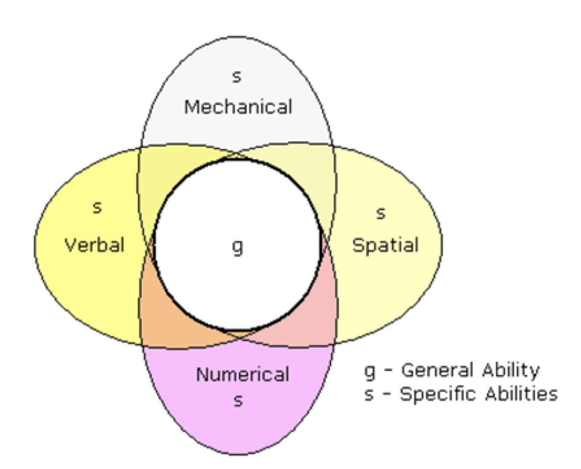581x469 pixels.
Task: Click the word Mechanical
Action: pyautogui.click(x=238, y=107)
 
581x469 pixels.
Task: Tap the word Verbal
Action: pyautogui.click(x=94, y=245)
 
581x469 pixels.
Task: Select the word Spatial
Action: pyautogui.click(x=385, y=245)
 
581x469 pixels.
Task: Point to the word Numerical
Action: pyautogui.click(x=242, y=374)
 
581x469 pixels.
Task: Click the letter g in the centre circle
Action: pyautogui.click(x=237, y=247)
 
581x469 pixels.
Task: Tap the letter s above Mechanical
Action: pyautogui.click(x=237, y=77)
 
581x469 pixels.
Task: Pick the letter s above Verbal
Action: pyautogui.click(x=97, y=207)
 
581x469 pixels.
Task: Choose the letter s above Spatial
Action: pyautogui.click(x=381, y=213)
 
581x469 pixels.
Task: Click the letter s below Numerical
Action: pyautogui.click(x=238, y=400)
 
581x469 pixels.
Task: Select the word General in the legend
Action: pyautogui.click(x=437, y=370)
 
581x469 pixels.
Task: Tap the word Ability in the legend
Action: pyautogui.click(x=511, y=370)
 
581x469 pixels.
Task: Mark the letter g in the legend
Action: pyautogui.click(x=370, y=371)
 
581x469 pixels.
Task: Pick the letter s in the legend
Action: pyautogui.click(x=369, y=394)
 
